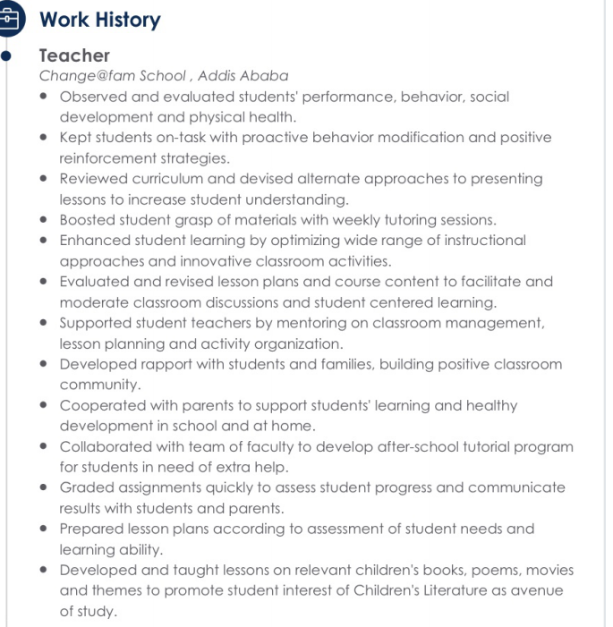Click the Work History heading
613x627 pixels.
pyautogui.click(x=99, y=20)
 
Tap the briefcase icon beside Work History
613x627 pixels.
pyautogui.click(x=7, y=20)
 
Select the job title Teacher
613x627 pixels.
pyautogui.click(x=74, y=55)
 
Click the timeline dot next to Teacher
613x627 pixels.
pyautogui.click(x=6, y=56)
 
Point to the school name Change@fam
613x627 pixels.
pyautogui.click(x=83, y=76)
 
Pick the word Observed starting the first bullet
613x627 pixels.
pyautogui.click(x=94, y=97)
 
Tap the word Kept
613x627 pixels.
pyautogui.click(x=76, y=138)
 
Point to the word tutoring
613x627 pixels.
pyautogui.click(x=401, y=220)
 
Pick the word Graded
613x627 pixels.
pyautogui.click(x=86, y=487)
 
